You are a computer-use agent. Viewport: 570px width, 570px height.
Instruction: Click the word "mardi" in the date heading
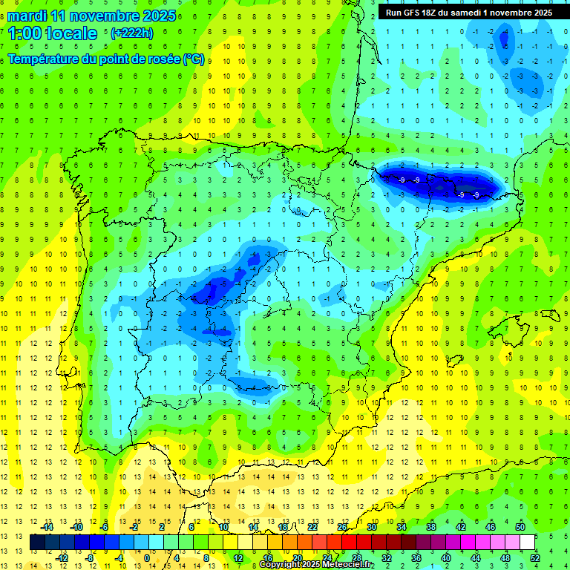pos(24,16)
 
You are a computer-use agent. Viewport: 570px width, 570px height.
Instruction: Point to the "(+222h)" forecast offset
pos(132,33)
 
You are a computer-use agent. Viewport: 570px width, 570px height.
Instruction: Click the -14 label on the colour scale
pos(46,527)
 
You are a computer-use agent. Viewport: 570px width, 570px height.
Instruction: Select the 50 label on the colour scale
pos(520,527)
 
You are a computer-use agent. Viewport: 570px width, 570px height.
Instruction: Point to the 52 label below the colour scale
pos(535,558)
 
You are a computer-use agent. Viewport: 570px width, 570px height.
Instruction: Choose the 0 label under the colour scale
pos(146,558)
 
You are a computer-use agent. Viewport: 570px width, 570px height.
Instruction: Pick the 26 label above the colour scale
pos(342,527)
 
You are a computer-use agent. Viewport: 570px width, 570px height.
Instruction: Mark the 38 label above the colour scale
pos(430,527)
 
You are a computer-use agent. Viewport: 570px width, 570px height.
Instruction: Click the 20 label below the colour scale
pos(297,558)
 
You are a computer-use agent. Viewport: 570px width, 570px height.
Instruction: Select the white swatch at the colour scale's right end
pos(527,543)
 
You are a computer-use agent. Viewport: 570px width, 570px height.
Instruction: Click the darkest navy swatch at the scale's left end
pos(37,543)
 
